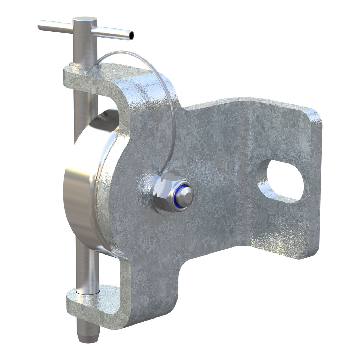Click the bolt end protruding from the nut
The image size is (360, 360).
coord(187,194)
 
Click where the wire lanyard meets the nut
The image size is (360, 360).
coord(160,174)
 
